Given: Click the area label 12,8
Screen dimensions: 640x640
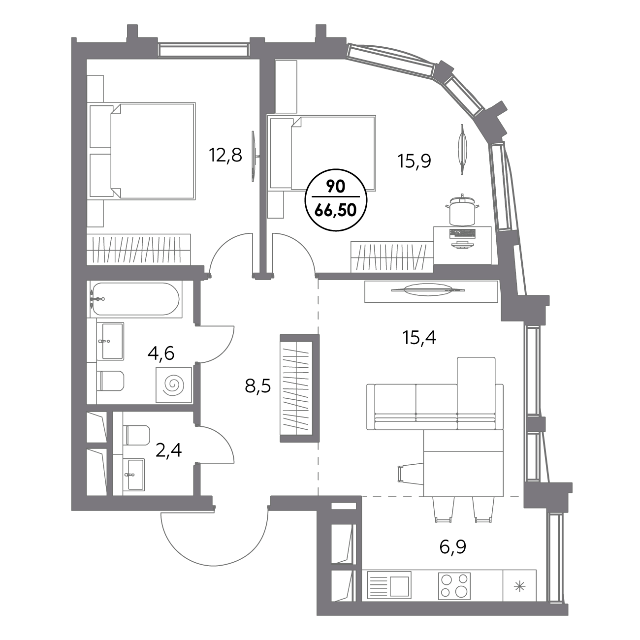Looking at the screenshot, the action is pos(225,155).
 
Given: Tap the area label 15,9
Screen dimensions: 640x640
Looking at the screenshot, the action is pos(414,162).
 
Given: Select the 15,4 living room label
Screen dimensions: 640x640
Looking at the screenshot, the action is pos(419,338).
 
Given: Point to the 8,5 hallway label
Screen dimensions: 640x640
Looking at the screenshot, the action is pos(258,386).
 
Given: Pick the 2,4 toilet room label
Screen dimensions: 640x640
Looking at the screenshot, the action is pos(169,450).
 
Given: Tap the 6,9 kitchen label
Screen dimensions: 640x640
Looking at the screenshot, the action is pos(453,547).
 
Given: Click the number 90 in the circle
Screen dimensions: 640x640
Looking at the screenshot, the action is pos(336,188).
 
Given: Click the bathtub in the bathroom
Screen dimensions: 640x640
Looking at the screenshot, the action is pos(136,298).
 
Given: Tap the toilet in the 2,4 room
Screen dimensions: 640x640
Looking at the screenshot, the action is pos(137,435).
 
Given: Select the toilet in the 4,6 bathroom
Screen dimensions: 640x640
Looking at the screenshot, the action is pos(112,381).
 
